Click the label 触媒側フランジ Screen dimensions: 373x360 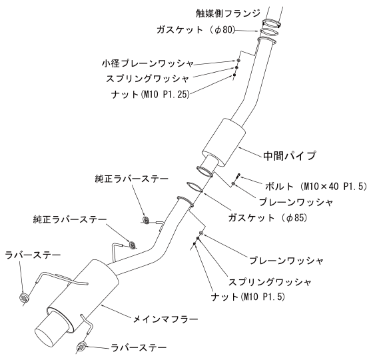pyautogui.click(x=228, y=13)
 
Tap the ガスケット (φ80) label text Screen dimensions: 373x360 pyautogui.click(x=196, y=30)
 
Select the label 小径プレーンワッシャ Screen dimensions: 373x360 pyautogui.click(x=148, y=63)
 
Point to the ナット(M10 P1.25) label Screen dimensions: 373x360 pyautogui.click(x=151, y=95)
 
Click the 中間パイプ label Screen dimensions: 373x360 pyautogui.click(x=290, y=156)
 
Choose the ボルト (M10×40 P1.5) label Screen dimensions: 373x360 pyautogui.click(x=316, y=187)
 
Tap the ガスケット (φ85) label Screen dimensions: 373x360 pyautogui.click(x=268, y=218)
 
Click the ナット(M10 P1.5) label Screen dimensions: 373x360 pyautogui.click(x=248, y=297)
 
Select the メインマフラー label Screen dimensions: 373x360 pyautogui.click(x=165, y=319)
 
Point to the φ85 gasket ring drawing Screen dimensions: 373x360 pyautogui.click(x=194, y=187)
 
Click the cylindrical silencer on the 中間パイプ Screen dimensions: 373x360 pyautogui.click(x=224, y=142)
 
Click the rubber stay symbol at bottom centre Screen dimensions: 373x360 pyautogui.click(x=81, y=347)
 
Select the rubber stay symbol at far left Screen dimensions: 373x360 pyautogui.click(x=23, y=297)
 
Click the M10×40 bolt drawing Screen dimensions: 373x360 pyautogui.click(x=238, y=177)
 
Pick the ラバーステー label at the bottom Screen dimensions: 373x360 pyautogui.click(x=139, y=348)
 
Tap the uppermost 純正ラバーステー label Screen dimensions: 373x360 pyautogui.click(x=132, y=179)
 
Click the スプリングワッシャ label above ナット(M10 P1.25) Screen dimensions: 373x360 pyautogui.click(x=147, y=79)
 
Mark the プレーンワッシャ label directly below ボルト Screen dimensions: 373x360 pyautogui.click(x=296, y=202)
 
